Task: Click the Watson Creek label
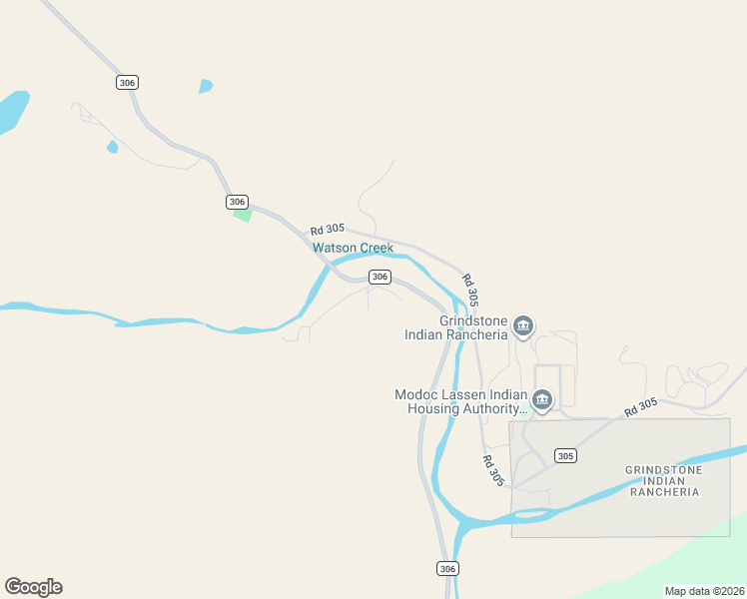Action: tap(353, 248)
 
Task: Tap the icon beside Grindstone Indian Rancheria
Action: tap(523, 326)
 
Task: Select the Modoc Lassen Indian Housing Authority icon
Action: tap(542, 401)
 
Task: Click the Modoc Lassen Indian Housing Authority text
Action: tap(460, 401)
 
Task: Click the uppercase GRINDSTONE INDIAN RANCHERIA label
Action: tap(664, 480)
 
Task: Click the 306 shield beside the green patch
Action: tap(237, 202)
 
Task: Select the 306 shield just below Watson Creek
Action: tap(378, 276)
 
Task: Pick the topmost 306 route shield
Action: tap(126, 82)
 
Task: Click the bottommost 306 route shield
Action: tap(447, 568)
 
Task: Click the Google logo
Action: tap(33, 587)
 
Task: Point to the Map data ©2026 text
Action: tap(703, 590)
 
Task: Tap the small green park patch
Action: tap(242, 214)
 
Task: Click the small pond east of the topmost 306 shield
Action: tap(206, 86)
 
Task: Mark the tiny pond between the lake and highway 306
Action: tap(112, 147)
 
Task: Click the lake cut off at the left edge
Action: tap(11, 110)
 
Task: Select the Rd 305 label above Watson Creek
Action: tap(327, 230)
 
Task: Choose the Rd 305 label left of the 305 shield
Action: tap(493, 470)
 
